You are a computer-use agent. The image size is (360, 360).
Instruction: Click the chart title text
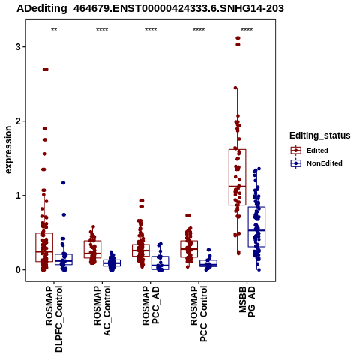coord(150,9)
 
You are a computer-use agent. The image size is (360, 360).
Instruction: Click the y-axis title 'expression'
coord(8,150)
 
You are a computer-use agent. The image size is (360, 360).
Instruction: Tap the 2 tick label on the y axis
coord(18,121)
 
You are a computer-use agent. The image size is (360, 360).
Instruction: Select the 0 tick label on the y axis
coord(18,270)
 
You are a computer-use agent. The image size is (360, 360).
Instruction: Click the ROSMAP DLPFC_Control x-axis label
coord(54,319)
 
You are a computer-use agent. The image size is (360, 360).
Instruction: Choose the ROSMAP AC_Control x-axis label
coord(102,310)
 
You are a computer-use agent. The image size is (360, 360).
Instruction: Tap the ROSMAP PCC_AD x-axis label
coord(151,305)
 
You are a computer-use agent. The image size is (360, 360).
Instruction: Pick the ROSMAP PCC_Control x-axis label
coord(199,313)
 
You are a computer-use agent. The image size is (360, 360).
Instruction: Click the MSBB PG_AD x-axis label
coord(247,301)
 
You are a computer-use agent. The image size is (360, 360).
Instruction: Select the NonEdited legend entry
coord(316,163)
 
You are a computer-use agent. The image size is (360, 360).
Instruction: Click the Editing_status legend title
coord(320,136)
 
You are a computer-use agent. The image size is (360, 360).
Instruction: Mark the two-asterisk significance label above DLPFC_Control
coord(54,30)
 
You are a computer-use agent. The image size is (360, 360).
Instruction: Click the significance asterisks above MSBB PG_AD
coord(247,30)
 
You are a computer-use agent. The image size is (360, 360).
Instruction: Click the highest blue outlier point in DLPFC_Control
coord(64,183)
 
